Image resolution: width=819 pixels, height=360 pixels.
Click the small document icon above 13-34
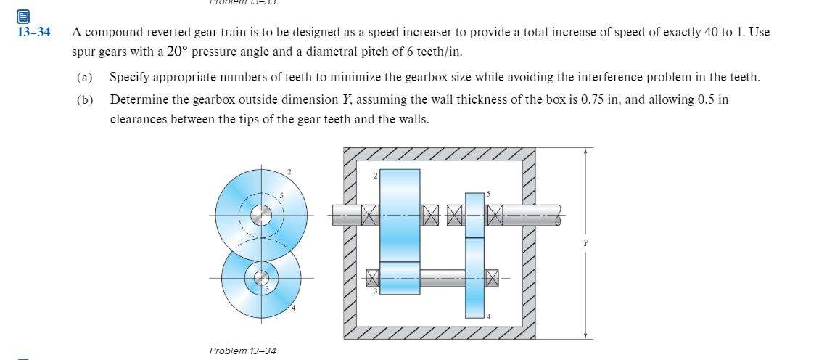tap(23, 16)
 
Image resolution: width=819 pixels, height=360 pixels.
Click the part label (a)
tap(85, 77)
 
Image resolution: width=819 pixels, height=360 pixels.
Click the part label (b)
tap(85, 99)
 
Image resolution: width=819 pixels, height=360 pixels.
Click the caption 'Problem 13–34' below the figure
tap(242, 351)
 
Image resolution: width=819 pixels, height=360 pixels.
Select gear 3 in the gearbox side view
tap(400, 277)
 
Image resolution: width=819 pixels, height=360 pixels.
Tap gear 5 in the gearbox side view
tap(474, 215)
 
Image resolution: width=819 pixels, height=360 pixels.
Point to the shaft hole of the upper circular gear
tap(261, 214)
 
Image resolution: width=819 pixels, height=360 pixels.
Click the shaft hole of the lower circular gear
tap(261, 278)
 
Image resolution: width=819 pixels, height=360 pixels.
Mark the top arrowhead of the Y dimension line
tap(586, 150)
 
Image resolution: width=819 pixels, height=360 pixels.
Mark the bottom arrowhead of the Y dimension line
tap(586, 335)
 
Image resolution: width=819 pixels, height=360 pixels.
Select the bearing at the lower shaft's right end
tap(493, 277)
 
